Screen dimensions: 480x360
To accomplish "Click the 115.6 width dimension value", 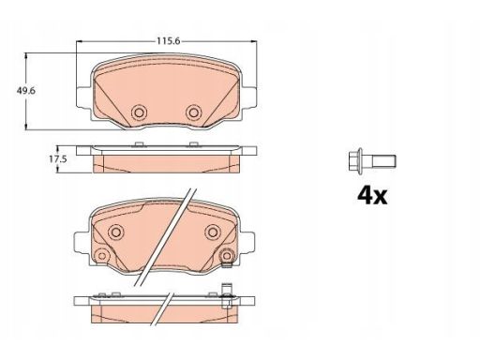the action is pos(169,41).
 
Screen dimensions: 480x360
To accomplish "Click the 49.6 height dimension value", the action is pos(26,91).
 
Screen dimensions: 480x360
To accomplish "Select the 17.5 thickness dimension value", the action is pos(57,159).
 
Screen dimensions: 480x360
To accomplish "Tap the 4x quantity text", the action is pos(372,195).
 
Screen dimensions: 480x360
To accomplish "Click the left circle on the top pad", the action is pos(139,112).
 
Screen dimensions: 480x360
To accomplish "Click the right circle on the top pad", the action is pos(193,112).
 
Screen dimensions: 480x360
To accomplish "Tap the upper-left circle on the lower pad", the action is pos(115,232).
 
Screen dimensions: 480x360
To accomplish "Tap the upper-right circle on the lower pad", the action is pos(213,232).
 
